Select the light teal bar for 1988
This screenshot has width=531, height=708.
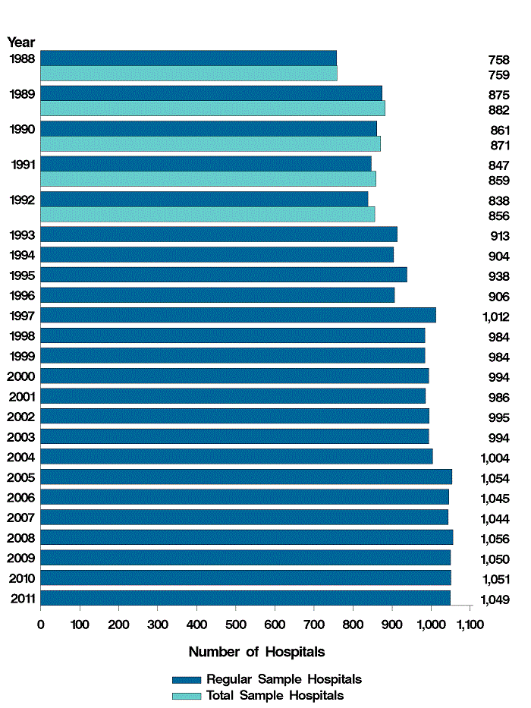(188, 74)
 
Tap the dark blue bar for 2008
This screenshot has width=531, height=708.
(247, 538)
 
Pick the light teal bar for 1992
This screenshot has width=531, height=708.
(207, 215)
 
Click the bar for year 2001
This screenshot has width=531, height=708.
(233, 396)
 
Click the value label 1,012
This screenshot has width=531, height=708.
(495, 317)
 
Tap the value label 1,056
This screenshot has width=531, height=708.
(495, 540)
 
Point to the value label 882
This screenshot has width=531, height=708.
(499, 110)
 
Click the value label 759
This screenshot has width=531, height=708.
(499, 75)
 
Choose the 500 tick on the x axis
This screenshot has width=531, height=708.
(235, 625)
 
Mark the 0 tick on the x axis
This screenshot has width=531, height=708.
(41, 625)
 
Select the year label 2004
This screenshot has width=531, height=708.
(20, 457)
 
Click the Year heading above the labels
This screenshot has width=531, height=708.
(21, 42)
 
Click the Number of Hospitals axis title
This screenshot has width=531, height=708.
(256, 652)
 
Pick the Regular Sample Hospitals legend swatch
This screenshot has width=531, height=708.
(186, 680)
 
